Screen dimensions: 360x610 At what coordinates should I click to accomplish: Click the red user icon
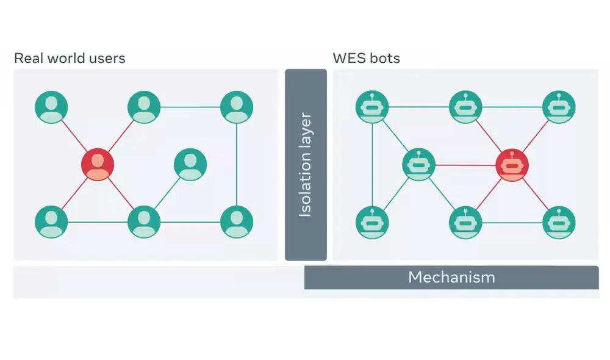tap(98, 164)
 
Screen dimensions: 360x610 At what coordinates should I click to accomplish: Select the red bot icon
tap(512, 165)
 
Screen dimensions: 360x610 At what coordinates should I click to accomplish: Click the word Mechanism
tap(451, 278)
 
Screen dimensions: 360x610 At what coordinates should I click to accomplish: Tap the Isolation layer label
tap(306, 165)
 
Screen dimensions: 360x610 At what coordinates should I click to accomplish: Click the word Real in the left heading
tap(27, 59)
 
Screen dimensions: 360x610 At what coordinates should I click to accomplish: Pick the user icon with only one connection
tap(190, 164)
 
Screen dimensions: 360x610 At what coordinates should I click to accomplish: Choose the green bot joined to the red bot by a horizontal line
tap(418, 164)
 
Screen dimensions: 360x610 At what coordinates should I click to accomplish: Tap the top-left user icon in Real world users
tap(51, 107)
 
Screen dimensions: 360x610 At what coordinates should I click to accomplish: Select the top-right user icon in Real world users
tap(237, 107)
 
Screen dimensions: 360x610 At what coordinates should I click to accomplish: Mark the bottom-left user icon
tap(51, 221)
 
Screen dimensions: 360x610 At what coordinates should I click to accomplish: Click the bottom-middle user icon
tap(144, 221)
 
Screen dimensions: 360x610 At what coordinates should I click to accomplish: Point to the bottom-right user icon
tap(237, 221)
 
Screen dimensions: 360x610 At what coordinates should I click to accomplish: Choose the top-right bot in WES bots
tap(559, 107)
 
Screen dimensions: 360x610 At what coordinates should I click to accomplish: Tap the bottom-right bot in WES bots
tap(559, 222)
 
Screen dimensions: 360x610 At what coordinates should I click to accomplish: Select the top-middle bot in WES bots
tap(465, 107)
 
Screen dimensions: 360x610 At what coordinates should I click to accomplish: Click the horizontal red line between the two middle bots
tap(465, 165)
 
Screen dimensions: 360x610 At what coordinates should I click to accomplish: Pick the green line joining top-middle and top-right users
tap(190, 107)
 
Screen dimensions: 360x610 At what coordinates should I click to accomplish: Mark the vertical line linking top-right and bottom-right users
tap(237, 165)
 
